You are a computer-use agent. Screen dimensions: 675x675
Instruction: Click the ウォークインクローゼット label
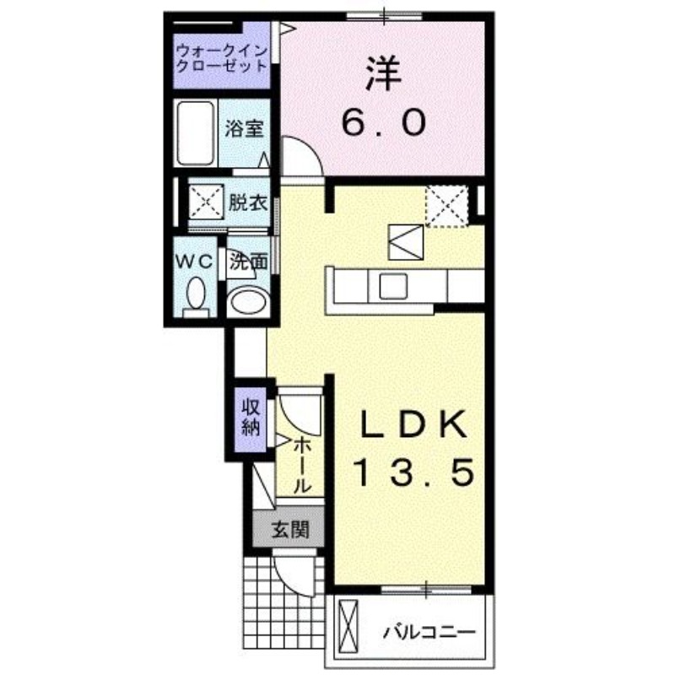[x=221, y=58]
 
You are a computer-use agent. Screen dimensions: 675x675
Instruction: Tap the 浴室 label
[x=246, y=129]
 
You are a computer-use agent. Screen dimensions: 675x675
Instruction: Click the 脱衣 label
[x=248, y=202]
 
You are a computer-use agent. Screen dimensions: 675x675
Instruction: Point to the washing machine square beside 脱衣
[x=204, y=202]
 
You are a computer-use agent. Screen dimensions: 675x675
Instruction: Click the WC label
[x=194, y=262]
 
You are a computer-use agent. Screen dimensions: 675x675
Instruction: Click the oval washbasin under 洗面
[x=248, y=302]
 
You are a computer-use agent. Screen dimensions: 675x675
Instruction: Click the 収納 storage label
[x=251, y=417]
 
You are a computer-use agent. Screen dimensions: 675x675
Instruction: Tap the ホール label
[x=303, y=466]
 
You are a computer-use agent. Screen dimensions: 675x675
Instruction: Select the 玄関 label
[x=289, y=530]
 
